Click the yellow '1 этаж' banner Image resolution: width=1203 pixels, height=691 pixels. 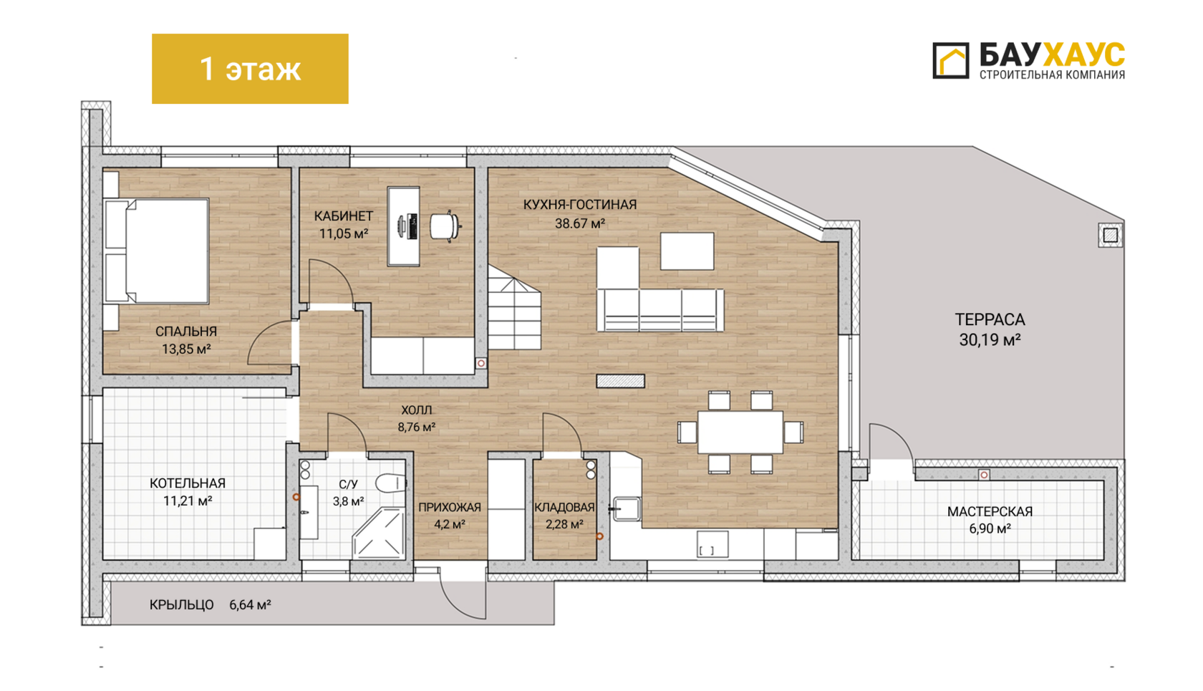point(250,69)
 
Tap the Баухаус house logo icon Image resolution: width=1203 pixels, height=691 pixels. point(951,61)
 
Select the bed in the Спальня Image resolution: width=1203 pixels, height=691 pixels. point(157,251)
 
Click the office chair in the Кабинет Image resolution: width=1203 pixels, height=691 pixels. point(445,226)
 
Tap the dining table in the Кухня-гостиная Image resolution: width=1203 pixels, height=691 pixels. point(740,433)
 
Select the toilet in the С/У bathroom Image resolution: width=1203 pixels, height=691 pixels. point(390,483)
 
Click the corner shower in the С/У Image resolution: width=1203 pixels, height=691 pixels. point(380,533)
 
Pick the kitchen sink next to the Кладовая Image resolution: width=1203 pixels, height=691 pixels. point(626,508)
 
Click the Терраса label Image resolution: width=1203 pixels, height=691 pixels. point(990,319)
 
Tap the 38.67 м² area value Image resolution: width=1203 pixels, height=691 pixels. point(580,223)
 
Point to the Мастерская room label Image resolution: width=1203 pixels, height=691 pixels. point(990,511)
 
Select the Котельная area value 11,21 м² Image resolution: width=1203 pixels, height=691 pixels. point(188,501)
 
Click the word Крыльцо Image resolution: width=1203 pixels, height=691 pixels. point(182,604)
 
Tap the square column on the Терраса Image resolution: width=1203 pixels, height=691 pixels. point(1110,235)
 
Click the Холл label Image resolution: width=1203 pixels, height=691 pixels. point(416,410)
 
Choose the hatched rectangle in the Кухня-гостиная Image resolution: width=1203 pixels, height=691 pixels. point(620,381)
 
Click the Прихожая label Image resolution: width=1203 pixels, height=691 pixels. point(450,508)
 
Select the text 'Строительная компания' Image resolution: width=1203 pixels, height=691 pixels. point(1052,74)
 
